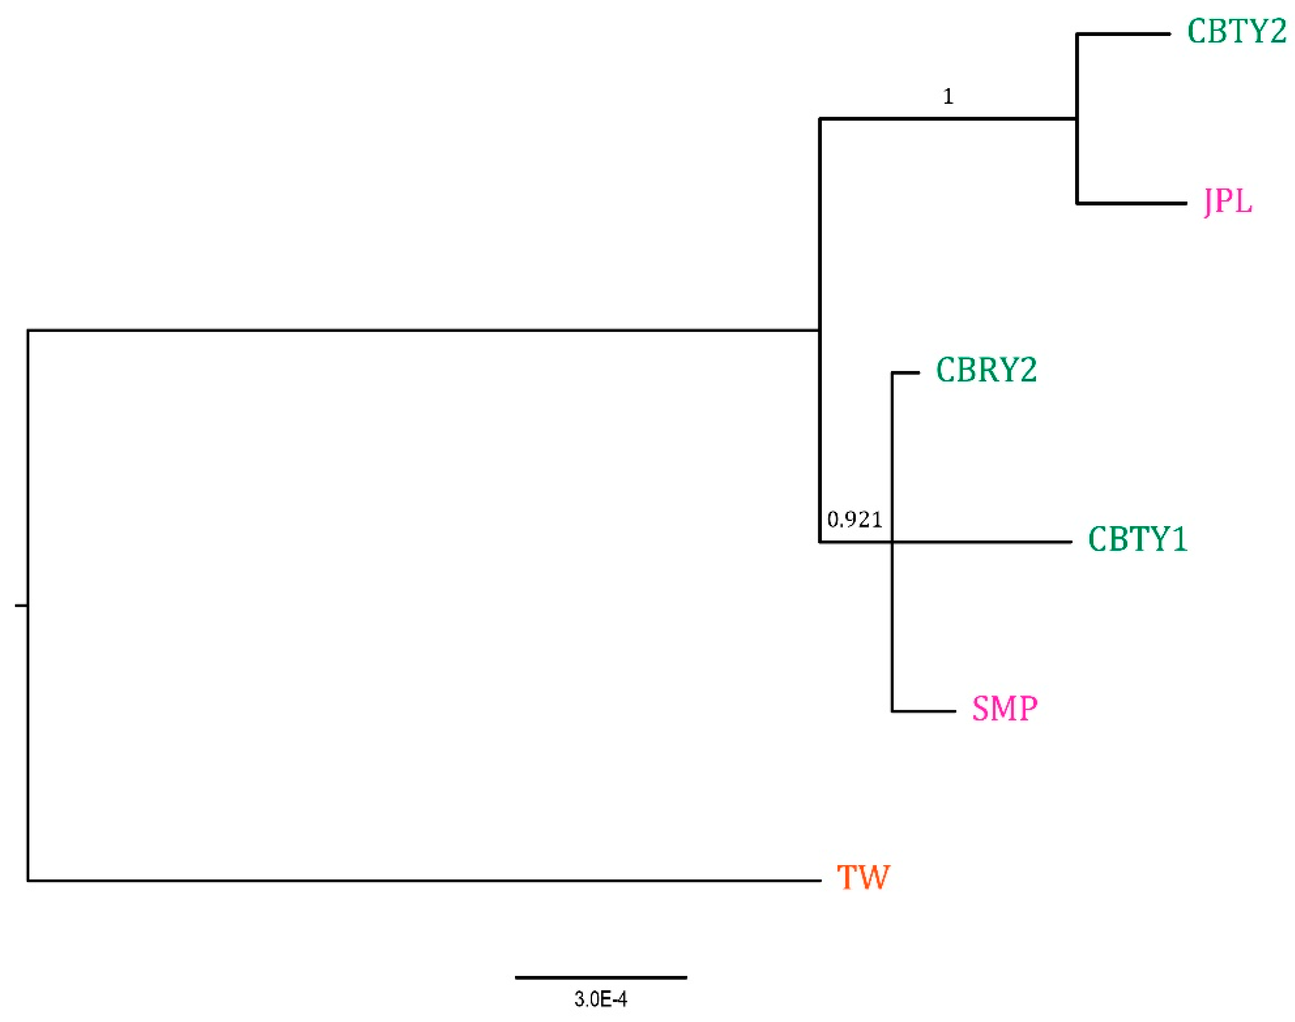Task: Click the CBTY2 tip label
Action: click(1236, 32)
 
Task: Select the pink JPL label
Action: click(1228, 202)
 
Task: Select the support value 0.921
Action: click(855, 519)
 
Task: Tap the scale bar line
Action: click(601, 978)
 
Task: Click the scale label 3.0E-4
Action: click(601, 999)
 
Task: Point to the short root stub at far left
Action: click(21, 606)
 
